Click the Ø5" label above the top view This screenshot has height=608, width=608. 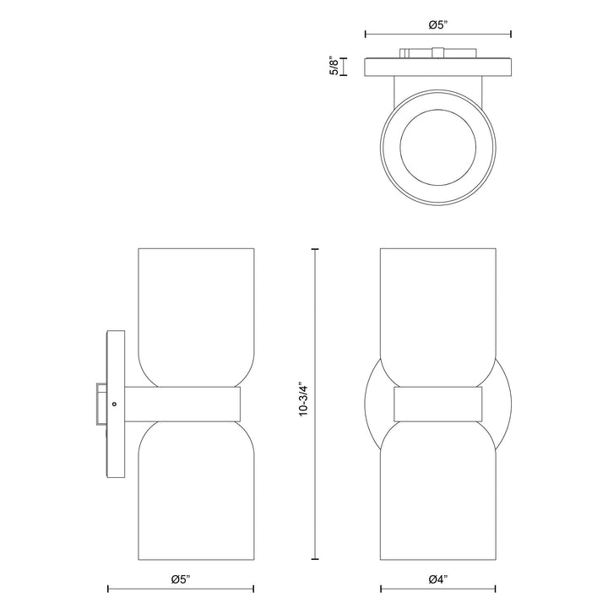click(x=437, y=25)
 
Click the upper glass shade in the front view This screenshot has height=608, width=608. click(x=437, y=312)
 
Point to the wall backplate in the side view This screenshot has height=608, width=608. click(x=115, y=355)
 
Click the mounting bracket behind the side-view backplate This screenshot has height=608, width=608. click(x=100, y=404)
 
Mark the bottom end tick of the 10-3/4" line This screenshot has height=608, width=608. click(x=315, y=559)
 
